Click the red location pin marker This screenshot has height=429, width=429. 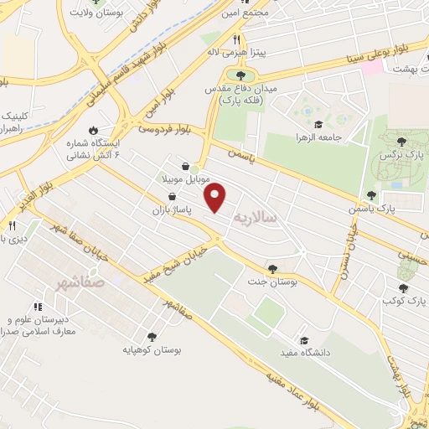[x=216, y=198]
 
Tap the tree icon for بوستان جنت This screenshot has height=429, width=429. [x=272, y=268]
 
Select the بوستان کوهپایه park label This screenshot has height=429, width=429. [x=150, y=348]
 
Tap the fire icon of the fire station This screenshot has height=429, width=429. [x=92, y=130]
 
